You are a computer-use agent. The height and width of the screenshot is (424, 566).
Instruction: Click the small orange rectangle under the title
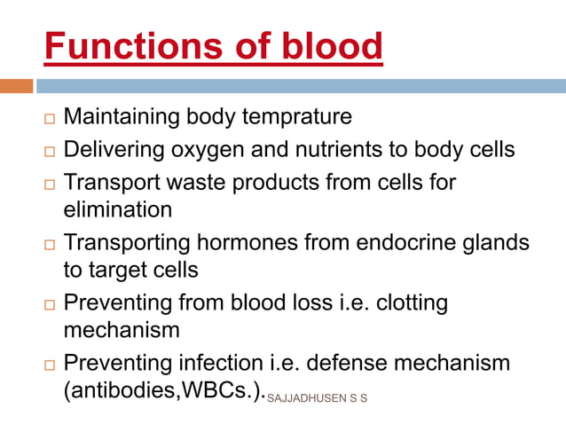16,87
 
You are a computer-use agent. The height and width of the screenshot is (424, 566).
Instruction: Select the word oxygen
216,150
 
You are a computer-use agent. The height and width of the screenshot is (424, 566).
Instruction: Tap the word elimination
118,210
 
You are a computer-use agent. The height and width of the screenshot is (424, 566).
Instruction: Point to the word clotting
412,302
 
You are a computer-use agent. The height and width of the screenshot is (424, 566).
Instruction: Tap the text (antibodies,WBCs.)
164,392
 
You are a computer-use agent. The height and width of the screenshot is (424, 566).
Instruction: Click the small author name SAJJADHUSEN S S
317,397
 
